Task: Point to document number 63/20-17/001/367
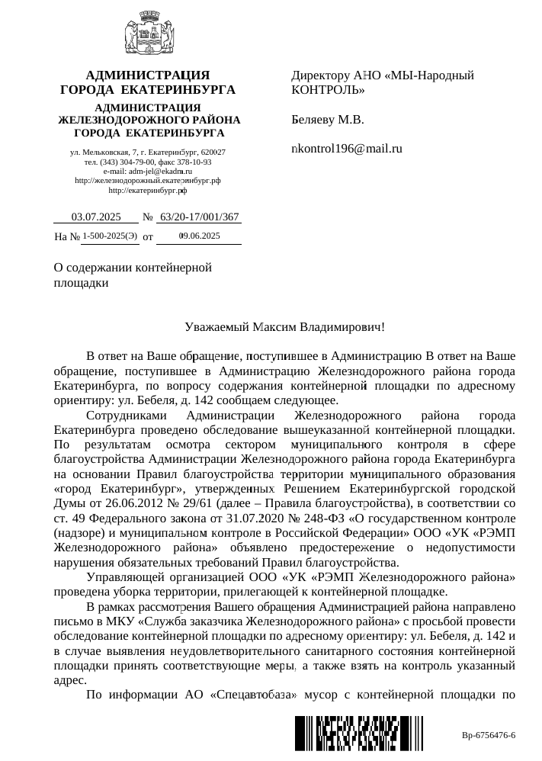[200, 217]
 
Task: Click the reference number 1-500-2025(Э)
[110, 237]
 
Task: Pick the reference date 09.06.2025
[199, 237]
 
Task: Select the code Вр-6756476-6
[489, 735]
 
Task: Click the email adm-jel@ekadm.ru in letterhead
[159, 172]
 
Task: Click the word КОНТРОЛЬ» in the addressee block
[328, 91]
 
